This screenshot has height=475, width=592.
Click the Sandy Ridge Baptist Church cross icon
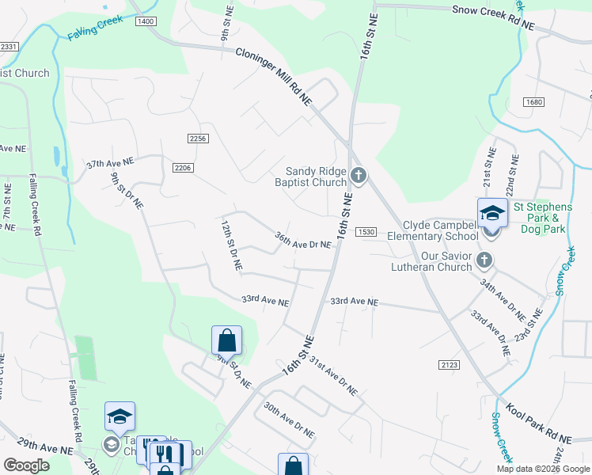[x=359, y=174]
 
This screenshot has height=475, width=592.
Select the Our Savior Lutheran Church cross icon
[x=485, y=260]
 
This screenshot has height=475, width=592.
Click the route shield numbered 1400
[x=146, y=21]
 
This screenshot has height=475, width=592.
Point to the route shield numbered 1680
[x=534, y=102]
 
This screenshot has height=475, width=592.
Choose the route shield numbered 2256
[x=198, y=139]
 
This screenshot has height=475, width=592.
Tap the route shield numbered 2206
[x=183, y=167]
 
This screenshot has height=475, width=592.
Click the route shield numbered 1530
[x=365, y=231]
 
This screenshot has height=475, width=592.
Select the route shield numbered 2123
[x=448, y=364]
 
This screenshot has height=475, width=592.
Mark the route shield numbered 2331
[x=9, y=47]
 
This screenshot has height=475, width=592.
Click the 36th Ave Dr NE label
[x=302, y=241]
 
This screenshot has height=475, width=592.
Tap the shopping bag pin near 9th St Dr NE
[x=226, y=340]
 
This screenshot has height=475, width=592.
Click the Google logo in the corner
[x=26, y=465]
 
